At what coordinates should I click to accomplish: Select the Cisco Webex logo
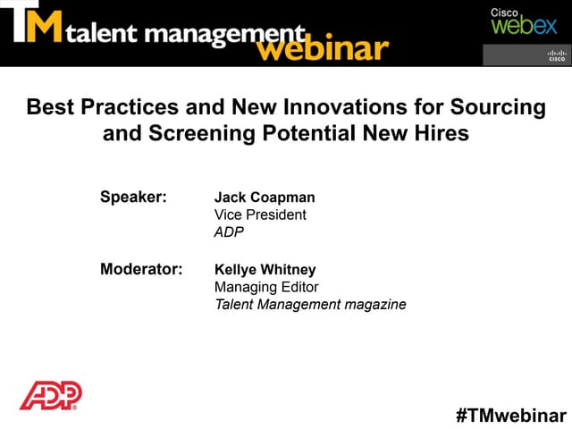point(523,21)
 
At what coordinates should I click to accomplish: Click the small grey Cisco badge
point(526,55)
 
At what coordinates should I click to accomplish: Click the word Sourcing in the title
point(501,108)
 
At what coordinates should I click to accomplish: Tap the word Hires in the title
point(443,135)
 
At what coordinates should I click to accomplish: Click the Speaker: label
point(133,197)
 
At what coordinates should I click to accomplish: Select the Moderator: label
point(141,269)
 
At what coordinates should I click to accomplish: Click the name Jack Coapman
point(265,197)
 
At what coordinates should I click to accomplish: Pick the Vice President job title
point(260,214)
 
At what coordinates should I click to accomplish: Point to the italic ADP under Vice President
point(229,232)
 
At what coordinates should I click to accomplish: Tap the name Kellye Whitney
point(265,269)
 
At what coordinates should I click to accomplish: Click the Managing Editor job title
point(266,287)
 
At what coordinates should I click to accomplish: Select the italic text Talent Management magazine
point(310,305)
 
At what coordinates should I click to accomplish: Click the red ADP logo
point(51,394)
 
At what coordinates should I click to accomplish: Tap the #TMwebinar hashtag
point(510,415)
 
